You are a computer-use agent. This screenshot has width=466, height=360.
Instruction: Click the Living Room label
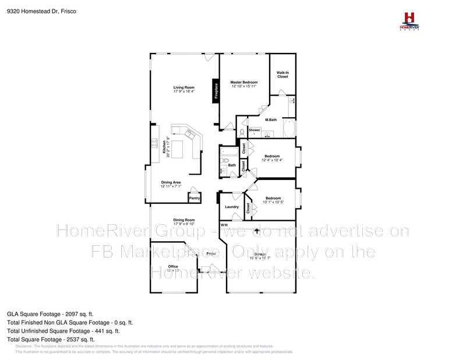183,88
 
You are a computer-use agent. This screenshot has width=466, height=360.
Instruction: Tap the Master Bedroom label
243,83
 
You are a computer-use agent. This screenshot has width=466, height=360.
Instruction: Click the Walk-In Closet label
283,74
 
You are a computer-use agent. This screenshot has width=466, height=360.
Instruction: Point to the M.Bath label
270,120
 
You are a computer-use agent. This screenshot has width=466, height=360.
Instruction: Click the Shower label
254,130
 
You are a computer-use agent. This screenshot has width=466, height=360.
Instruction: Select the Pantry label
194,198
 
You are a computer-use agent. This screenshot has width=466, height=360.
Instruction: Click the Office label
173,266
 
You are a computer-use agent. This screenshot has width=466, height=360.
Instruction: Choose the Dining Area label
171,182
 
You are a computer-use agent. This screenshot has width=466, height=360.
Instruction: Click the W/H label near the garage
224,225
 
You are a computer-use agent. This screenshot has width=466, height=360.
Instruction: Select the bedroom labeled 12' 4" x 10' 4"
272,156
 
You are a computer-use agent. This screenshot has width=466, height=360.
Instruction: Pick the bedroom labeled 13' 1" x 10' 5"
273,198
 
